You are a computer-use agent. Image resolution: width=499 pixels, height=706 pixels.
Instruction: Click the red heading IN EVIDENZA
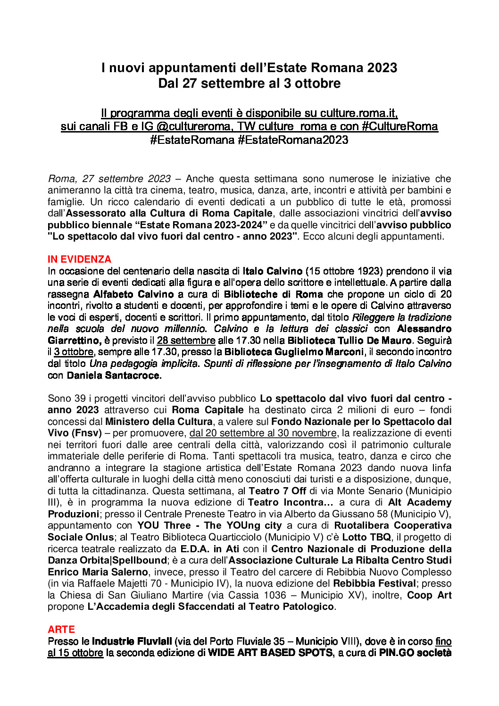coord(79,259)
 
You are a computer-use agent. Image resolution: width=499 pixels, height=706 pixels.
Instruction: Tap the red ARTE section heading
coord(61,630)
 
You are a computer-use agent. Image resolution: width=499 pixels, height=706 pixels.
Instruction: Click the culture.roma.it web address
coord(358,113)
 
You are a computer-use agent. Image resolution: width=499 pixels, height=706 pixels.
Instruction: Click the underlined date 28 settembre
coord(186,341)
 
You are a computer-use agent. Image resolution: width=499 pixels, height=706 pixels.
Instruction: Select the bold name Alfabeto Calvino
coord(133,294)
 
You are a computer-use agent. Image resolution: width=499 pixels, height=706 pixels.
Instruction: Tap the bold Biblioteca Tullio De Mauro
coord(349,341)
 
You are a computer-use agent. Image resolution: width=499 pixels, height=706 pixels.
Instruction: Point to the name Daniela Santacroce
coord(114,375)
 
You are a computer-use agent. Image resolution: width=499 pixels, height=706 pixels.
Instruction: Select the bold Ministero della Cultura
coord(159,422)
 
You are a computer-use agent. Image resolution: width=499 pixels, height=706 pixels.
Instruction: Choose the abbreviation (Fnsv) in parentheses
coord(85,433)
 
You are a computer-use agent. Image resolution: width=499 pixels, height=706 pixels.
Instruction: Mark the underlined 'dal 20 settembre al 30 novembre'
coord(263,433)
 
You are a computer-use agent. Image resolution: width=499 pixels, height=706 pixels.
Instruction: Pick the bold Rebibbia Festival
coord(374,583)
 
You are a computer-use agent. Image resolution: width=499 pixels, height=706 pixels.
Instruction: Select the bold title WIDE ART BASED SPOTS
coord(270,653)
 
